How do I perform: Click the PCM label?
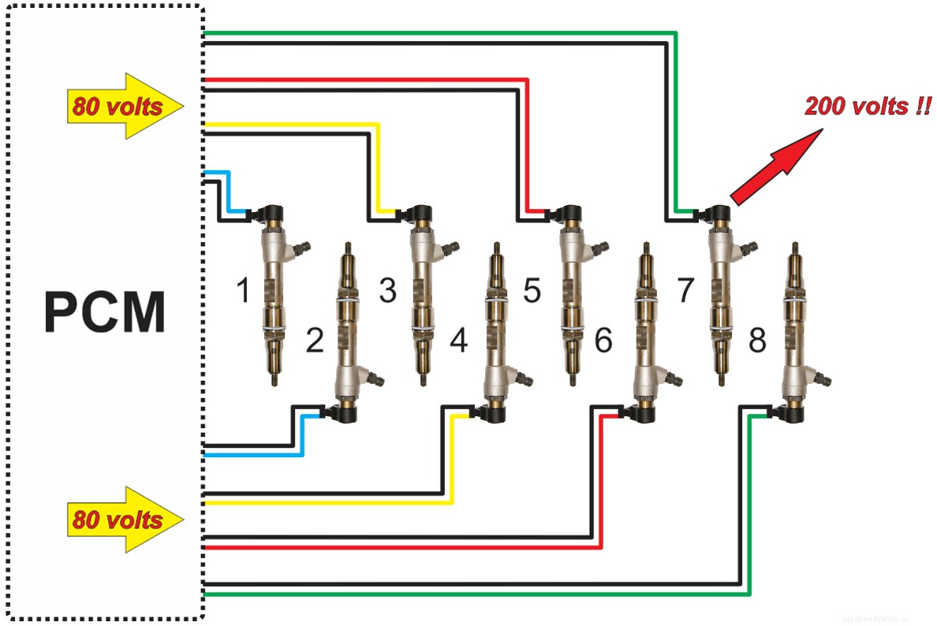[105, 313]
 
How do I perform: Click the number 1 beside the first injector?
[244, 293]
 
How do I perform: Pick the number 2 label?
[314, 341]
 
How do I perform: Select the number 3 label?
[387, 291]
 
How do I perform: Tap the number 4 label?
[458, 341]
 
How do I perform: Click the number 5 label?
[532, 291]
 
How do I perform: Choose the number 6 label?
[603, 341]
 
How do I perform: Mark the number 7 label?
[684, 291]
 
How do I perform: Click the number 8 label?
[757, 341]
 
